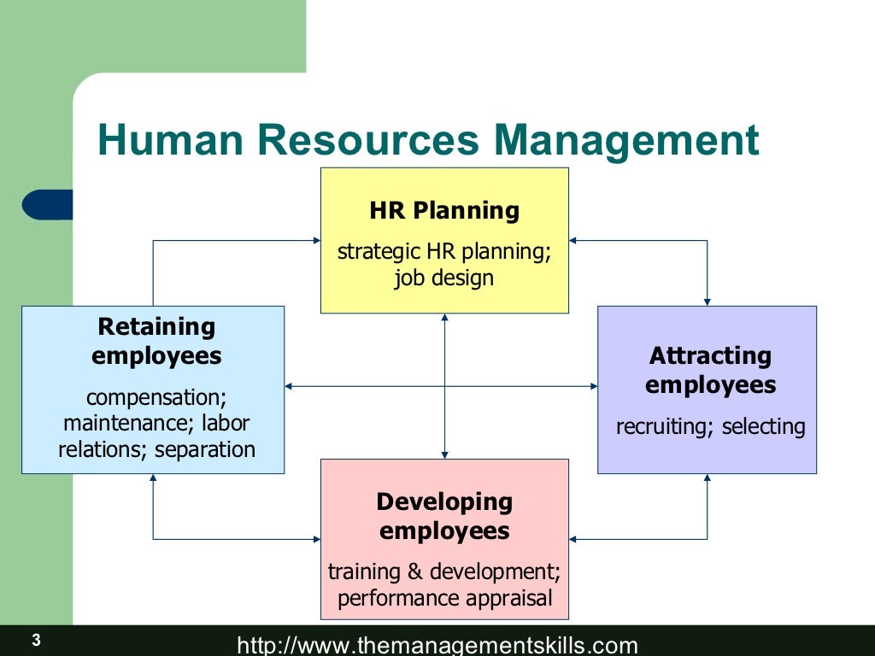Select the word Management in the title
point(631,140)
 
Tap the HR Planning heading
point(444,210)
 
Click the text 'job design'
point(443,278)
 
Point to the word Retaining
point(156,326)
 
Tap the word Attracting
point(710,355)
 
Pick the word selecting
point(763,426)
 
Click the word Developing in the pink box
point(444,501)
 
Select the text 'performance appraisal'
point(444,598)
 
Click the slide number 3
point(36,640)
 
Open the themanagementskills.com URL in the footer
point(437,645)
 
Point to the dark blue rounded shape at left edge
point(48,205)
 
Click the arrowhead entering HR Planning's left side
point(315,241)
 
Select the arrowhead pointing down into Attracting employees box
point(707,301)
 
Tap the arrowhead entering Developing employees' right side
point(574,539)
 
